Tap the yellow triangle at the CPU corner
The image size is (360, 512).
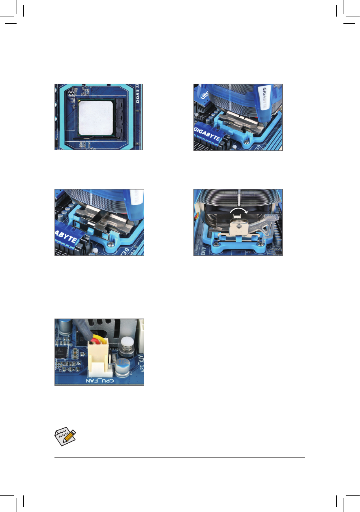pos(80,102)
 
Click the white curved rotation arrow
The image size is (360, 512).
pos(239,211)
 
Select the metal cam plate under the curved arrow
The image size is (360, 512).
pos(238,229)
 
